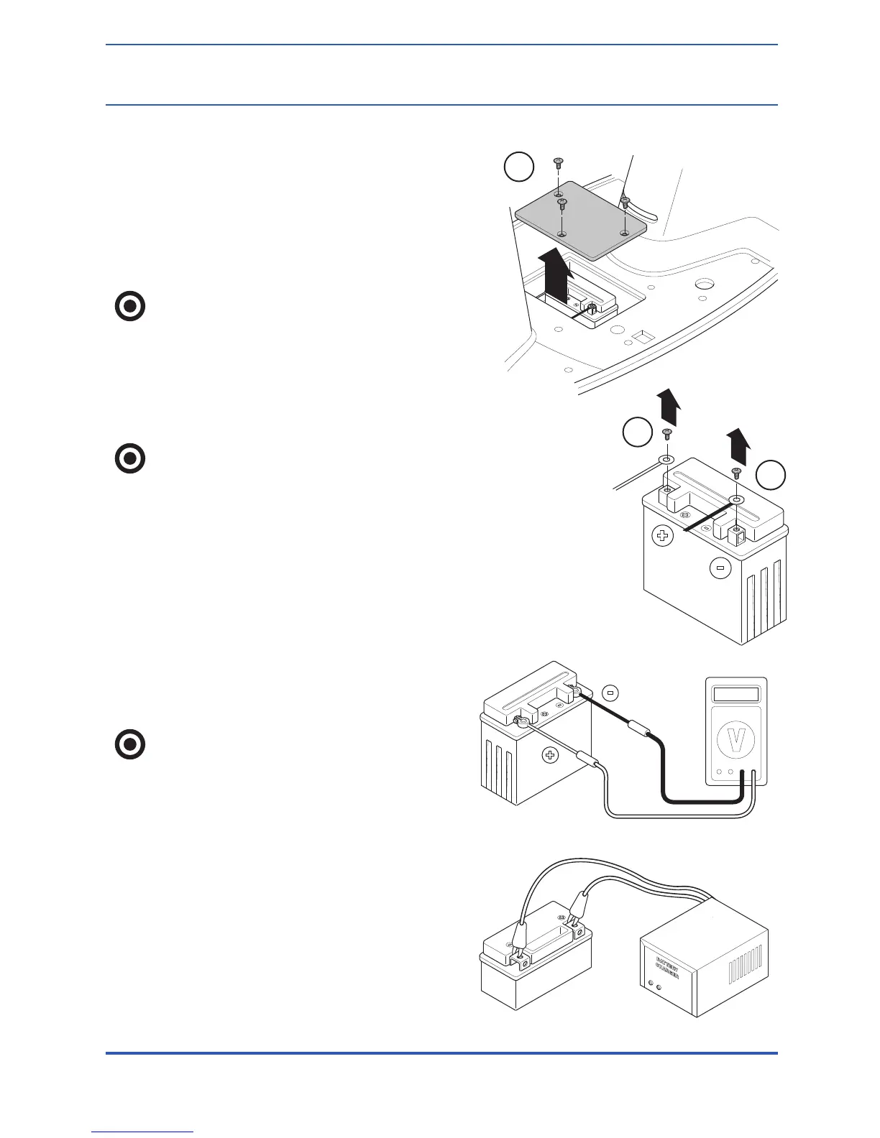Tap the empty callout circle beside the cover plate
[518, 167]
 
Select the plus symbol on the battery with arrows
[663, 535]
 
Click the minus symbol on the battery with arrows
[720, 568]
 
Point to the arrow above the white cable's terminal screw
[668, 407]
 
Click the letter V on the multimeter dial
[735, 741]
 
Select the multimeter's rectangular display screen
[734, 694]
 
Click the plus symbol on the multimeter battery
[551, 754]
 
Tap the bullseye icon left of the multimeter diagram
[130, 744]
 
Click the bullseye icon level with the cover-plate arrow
[130, 307]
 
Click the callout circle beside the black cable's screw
[770, 475]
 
